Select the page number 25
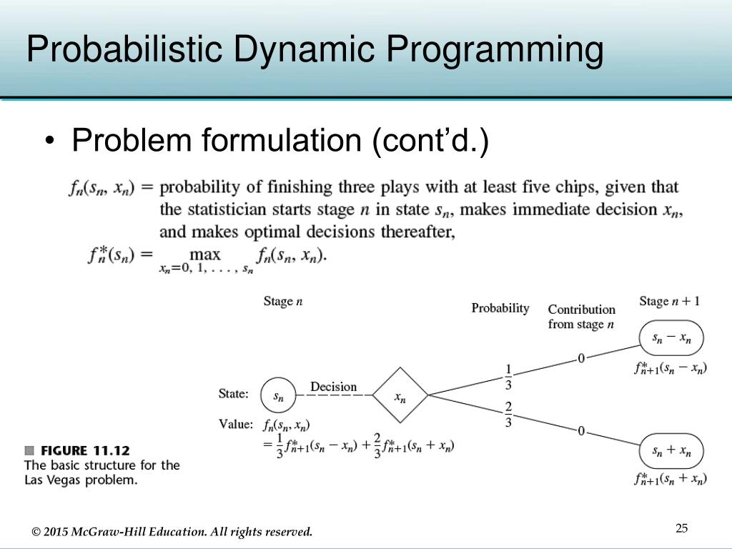click(681, 528)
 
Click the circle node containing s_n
click(278, 395)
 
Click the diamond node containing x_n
click(400, 395)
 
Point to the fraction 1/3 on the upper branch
click(508, 377)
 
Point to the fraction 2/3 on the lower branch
click(508, 415)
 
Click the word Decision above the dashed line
click(333, 387)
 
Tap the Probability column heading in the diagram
click(500, 308)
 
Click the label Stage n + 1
click(669, 301)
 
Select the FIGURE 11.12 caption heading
click(85, 450)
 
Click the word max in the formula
click(204, 255)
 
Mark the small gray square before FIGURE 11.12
click(29, 450)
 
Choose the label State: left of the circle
click(233, 394)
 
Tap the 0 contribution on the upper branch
click(581, 358)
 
